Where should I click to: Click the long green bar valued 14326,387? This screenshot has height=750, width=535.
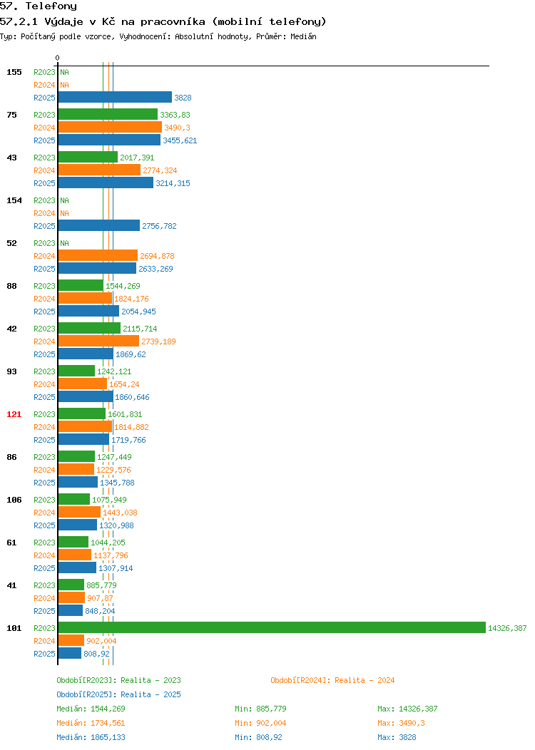click(x=272, y=627)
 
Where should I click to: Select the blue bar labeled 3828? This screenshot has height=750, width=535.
click(x=115, y=97)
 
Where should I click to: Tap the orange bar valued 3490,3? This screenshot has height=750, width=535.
click(x=110, y=127)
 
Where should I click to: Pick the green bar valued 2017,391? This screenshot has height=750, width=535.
click(x=88, y=158)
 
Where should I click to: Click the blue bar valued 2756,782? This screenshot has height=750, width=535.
click(x=99, y=225)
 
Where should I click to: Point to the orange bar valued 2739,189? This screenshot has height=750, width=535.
click(x=98, y=341)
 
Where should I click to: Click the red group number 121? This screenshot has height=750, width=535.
click(x=14, y=414)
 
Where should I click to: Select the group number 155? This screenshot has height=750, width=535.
click(x=14, y=72)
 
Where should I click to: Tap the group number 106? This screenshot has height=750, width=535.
click(x=14, y=500)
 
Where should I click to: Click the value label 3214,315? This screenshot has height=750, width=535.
click(x=173, y=183)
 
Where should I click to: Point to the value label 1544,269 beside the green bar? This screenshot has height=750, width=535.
click(x=123, y=286)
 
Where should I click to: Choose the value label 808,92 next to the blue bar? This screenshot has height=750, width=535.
click(x=97, y=654)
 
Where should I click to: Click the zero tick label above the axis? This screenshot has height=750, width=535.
click(x=58, y=58)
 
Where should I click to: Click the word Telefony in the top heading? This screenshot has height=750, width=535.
click(x=51, y=6)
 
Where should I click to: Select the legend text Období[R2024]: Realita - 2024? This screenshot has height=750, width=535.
click(x=332, y=680)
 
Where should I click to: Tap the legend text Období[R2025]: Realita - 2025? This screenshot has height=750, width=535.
click(x=118, y=694)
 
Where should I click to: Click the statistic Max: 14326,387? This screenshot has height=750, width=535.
click(x=407, y=709)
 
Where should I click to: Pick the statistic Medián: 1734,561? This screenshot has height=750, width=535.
click(x=91, y=723)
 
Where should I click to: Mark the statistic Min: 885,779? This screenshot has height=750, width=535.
click(x=260, y=709)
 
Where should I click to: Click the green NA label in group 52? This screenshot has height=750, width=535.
click(x=65, y=243)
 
